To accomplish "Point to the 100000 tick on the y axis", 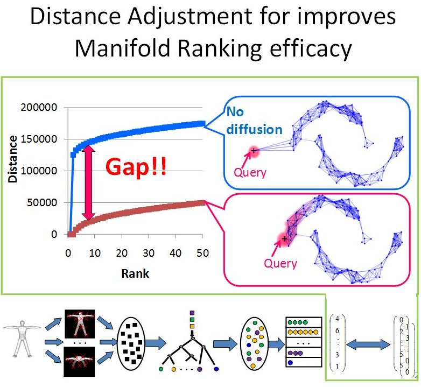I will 39,171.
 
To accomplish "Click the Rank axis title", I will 135,273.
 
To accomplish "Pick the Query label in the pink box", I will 280,263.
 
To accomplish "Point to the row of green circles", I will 298,322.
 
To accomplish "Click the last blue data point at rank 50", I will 202,123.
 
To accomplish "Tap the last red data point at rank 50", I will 202,202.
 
